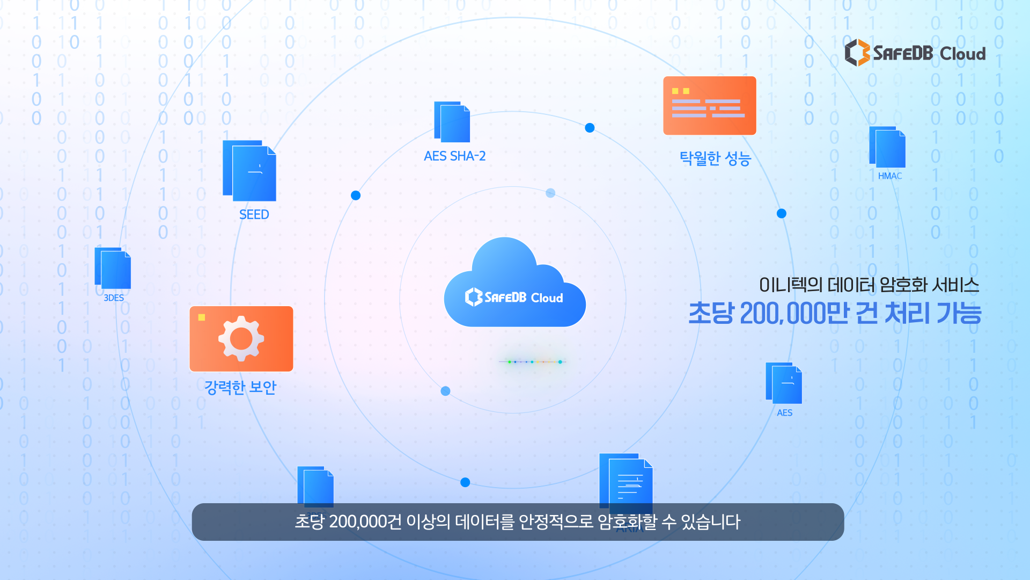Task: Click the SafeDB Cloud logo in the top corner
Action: point(915,53)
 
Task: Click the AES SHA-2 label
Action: point(454,156)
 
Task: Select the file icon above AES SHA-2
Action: point(452,122)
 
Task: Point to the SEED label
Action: point(254,215)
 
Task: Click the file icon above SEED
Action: point(249,171)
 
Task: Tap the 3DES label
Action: point(113,298)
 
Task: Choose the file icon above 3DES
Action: point(113,269)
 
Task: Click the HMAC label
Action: point(889,176)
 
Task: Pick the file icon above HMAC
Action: point(887,147)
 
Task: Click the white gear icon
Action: point(241,338)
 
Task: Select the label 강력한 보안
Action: point(240,387)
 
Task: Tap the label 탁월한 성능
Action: point(715,158)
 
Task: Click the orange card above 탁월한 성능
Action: point(709,105)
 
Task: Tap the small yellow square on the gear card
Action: point(202,317)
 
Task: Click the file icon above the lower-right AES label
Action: point(784,383)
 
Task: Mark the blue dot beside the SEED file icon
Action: point(356,195)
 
